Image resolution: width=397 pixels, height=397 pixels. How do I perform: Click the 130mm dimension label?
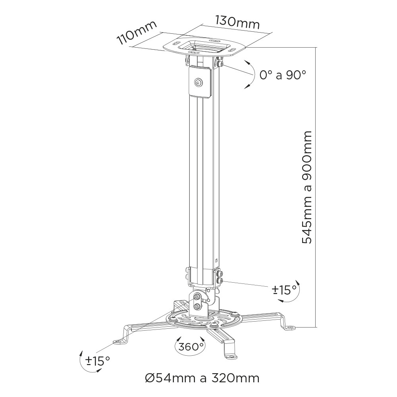click(x=237, y=23)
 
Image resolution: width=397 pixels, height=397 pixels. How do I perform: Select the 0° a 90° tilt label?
click(x=283, y=75)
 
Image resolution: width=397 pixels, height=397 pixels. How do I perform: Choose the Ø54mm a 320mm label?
click(x=202, y=378)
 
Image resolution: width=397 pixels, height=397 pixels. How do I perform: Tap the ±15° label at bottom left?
click(x=98, y=360)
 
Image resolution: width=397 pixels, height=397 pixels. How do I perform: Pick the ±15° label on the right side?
click(x=284, y=290)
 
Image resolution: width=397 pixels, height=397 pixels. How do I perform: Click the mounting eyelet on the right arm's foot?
click(x=291, y=328)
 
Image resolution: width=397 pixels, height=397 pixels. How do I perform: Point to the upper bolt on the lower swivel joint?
click(x=197, y=297)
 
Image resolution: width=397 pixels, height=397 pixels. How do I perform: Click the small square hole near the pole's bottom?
click(x=216, y=260)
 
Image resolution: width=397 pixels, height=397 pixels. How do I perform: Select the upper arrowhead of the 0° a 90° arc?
click(x=246, y=62)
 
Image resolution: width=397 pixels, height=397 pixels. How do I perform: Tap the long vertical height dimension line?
click(x=316, y=187)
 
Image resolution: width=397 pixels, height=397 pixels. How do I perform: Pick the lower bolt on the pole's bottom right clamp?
click(x=220, y=280)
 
